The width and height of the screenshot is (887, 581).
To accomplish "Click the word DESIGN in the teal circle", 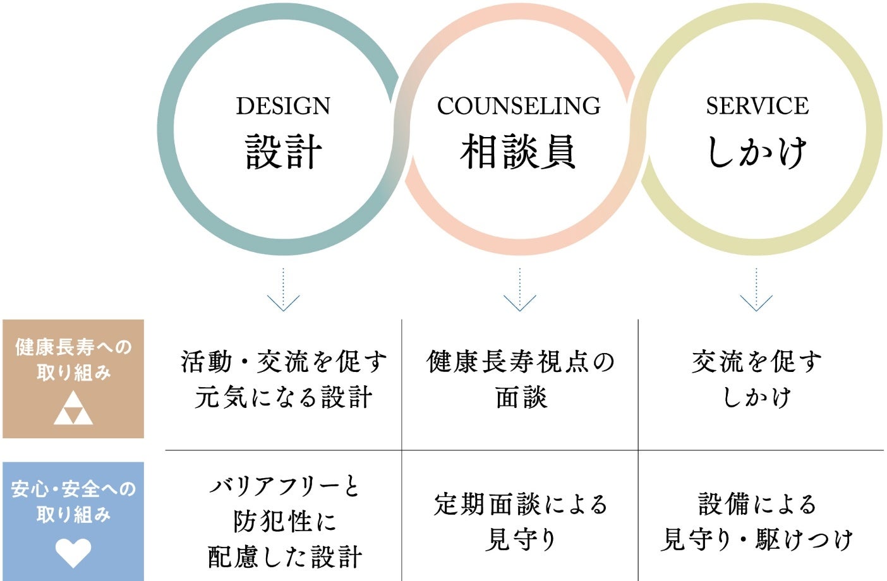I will click(283, 106).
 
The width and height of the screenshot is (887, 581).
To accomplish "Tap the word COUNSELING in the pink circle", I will click(519, 106).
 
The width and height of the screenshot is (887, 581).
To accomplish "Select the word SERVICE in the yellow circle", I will click(757, 106).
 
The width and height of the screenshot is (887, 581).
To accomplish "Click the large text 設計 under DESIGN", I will click(284, 152).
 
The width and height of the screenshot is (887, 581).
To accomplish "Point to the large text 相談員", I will click(519, 152).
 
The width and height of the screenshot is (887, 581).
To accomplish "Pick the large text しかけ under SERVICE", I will click(757, 152).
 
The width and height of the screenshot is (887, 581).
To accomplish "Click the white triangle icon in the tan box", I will click(73, 408).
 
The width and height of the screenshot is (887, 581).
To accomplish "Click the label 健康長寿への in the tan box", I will click(73, 347).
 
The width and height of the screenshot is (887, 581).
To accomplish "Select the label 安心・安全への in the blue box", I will click(73, 489).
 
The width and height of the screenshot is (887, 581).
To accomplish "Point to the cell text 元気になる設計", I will click(284, 398).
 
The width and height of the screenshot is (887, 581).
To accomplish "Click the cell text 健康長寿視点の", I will click(521, 362).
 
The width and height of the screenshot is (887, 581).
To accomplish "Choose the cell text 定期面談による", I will click(521, 504).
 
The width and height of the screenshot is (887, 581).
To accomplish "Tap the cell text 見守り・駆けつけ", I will click(757, 540).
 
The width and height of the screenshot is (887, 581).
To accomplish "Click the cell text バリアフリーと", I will click(284, 486).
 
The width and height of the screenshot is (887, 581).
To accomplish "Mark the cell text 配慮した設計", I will click(284, 557).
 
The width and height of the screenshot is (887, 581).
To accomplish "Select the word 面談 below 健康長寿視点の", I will click(521, 398).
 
